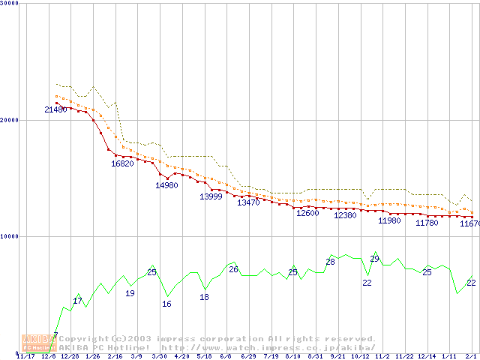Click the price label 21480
(55, 110)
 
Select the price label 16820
(122, 163)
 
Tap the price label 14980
(166, 185)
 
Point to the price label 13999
(211, 196)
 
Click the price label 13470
(248, 202)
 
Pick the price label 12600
(307, 213)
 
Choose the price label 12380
(345, 215)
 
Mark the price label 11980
(389, 220)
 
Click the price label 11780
(427, 223)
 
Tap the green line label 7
(55, 335)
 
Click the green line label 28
(330, 262)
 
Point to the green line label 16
(166, 304)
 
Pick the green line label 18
(204, 297)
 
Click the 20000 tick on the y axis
(10, 120)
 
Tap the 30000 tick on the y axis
(10, 4)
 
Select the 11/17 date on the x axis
(26, 356)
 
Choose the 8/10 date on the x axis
(293, 356)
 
